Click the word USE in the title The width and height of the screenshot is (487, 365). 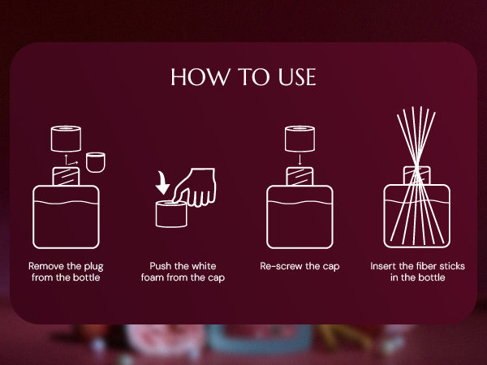click(297, 77)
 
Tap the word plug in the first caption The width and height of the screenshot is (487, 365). click(93, 267)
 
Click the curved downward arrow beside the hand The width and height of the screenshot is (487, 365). click(162, 182)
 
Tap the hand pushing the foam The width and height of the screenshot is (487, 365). click(195, 187)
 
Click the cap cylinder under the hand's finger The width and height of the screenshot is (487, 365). click(171, 214)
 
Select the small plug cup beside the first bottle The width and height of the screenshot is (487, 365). click(96, 162)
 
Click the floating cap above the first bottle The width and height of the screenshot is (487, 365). click(66, 139)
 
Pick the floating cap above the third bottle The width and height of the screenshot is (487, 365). click(300, 139)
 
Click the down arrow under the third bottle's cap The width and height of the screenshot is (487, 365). click(300, 159)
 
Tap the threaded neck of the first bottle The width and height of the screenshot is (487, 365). click(66, 176)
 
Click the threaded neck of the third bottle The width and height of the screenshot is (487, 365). click(300, 176)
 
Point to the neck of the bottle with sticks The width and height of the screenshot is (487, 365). click(417, 175)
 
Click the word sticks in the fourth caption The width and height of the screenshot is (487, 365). click(455, 266)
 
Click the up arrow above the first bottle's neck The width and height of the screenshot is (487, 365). click(66, 160)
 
